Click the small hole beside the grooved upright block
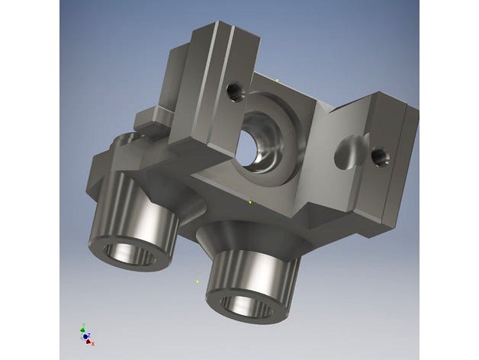pyautogui.click(x=234, y=93)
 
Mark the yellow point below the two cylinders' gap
pyautogui.click(x=198, y=281)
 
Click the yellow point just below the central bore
pyautogui.click(x=250, y=202)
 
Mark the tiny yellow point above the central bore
pyautogui.click(x=278, y=79)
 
